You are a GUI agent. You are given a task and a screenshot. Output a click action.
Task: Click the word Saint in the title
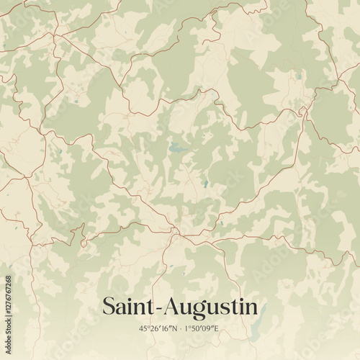[129, 306]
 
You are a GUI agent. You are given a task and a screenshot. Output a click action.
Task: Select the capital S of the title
[109, 306]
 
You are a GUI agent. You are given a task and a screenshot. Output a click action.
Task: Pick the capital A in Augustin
[172, 306]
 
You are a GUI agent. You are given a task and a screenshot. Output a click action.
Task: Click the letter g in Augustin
[198, 310]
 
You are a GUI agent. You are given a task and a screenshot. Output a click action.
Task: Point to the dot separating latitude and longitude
[180, 329]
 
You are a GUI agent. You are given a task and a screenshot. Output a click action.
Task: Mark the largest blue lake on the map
[176, 150]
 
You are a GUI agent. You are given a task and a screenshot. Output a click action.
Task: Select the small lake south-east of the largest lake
[205, 184]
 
